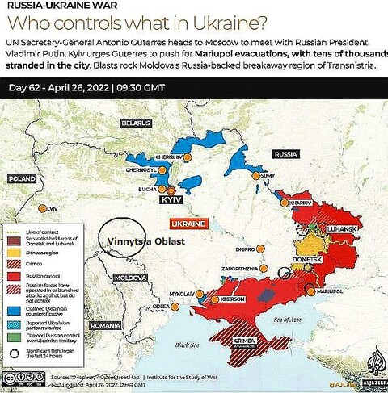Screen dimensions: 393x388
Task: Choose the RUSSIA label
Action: pos(286,153)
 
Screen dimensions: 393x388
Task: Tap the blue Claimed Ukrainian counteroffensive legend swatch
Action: pos(13,310)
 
